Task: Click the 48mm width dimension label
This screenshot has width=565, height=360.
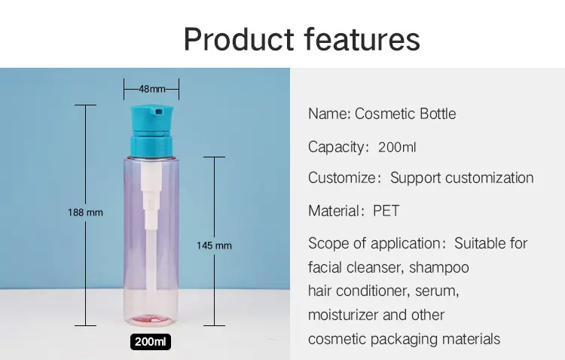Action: (151, 89)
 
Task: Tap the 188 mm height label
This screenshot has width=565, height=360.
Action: (85, 212)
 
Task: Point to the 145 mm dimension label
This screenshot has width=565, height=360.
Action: (214, 246)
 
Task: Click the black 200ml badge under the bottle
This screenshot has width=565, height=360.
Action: (151, 342)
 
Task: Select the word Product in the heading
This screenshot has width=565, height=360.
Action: (239, 39)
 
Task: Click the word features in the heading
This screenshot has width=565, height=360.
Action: (362, 39)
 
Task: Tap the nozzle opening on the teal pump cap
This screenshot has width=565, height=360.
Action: (158, 112)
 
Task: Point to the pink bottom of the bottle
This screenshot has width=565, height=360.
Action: (151, 319)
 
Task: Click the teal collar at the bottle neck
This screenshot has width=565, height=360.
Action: (151, 147)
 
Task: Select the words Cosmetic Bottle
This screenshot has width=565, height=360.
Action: (405, 114)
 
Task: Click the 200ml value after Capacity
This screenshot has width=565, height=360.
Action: (397, 148)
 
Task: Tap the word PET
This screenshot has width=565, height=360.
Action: (386, 211)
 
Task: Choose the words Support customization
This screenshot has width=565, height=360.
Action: (462, 178)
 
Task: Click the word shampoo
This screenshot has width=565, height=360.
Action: (439, 268)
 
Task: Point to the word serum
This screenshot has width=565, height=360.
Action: (436, 291)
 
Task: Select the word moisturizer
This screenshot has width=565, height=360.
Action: (343, 315)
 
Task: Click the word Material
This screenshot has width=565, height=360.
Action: (333, 211)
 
